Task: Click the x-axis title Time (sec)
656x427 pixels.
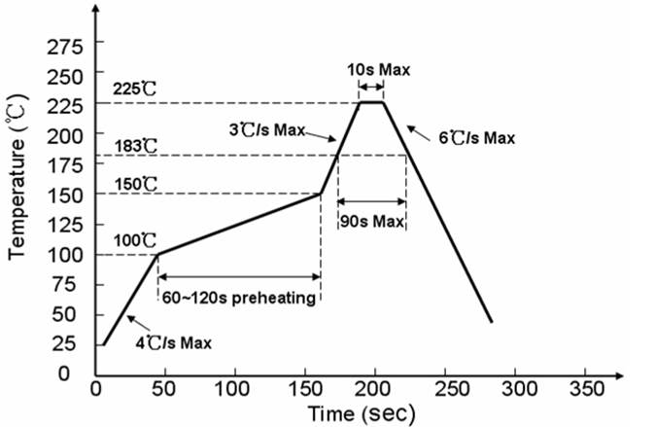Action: click(362, 413)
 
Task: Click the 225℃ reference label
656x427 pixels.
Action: click(135, 89)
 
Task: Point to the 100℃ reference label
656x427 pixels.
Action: click(135, 240)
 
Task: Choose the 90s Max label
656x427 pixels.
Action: click(372, 222)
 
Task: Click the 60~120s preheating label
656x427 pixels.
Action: click(239, 298)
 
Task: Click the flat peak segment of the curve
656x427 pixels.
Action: click(371, 102)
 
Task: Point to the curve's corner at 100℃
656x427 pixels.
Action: click(158, 254)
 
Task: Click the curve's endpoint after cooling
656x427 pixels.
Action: click(491, 321)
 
